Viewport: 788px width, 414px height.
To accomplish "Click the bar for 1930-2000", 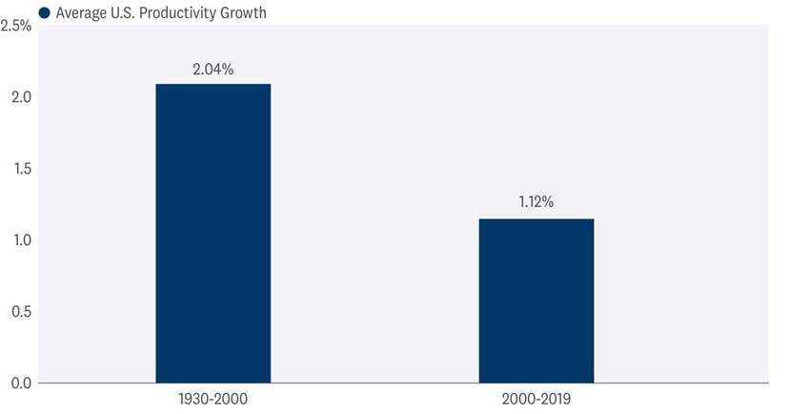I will tap(212, 233).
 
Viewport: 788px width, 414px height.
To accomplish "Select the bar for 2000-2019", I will tap(535, 300).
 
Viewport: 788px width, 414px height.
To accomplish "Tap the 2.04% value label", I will tap(213, 69).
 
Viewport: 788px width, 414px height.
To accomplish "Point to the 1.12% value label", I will tap(535, 203).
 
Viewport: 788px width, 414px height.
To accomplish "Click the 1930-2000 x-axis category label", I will tap(213, 397).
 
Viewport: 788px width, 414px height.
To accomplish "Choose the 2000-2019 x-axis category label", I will tap(535, 397).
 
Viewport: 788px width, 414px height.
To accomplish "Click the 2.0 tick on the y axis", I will tap(21, 97).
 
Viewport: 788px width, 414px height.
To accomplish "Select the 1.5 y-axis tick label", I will tap(21, 169).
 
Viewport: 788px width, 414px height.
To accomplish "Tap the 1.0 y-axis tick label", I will tap(21, 240).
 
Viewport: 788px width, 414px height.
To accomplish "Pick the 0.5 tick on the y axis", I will tap(21, 312).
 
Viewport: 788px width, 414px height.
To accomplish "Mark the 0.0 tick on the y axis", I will tap(21, 383).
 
